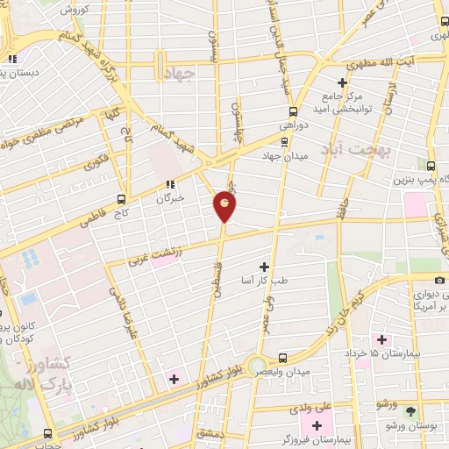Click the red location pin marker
tap(224, 205)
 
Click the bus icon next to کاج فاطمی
tap(121, 199)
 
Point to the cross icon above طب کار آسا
tap(264, 266)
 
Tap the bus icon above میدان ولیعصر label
tap(282, 357)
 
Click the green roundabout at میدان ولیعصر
tap(256, 365)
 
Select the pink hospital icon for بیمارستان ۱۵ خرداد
tap(381, 339)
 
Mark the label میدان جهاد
tap(282, 155)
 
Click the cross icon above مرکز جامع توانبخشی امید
tap(342, 82)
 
